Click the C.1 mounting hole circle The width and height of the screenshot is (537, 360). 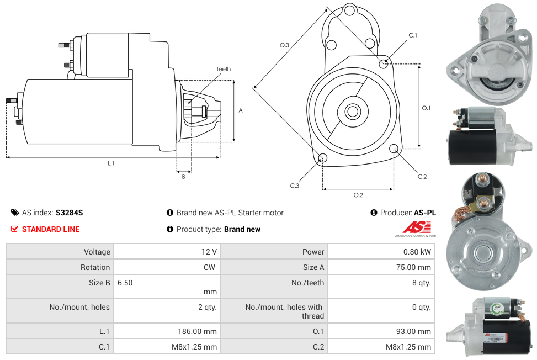click(383, 63)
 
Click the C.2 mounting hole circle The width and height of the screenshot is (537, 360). click(394, 149)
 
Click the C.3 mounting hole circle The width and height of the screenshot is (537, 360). click(322, 159)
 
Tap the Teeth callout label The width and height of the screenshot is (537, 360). click(223, 69)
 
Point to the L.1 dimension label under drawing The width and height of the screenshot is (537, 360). click(111, 163)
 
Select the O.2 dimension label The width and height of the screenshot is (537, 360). click(358, 195)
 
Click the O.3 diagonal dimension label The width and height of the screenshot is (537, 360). click(284, 45)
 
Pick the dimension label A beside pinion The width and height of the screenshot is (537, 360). click(240, 110)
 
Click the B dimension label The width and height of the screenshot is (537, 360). click(183, 177)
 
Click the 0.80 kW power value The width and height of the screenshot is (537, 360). click(417, 252)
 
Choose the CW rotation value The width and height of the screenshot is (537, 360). click(211, 267)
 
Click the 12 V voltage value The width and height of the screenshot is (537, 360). click(209, 252)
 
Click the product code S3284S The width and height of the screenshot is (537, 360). click(69, 213)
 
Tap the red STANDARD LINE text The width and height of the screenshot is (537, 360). click(51, 229)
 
